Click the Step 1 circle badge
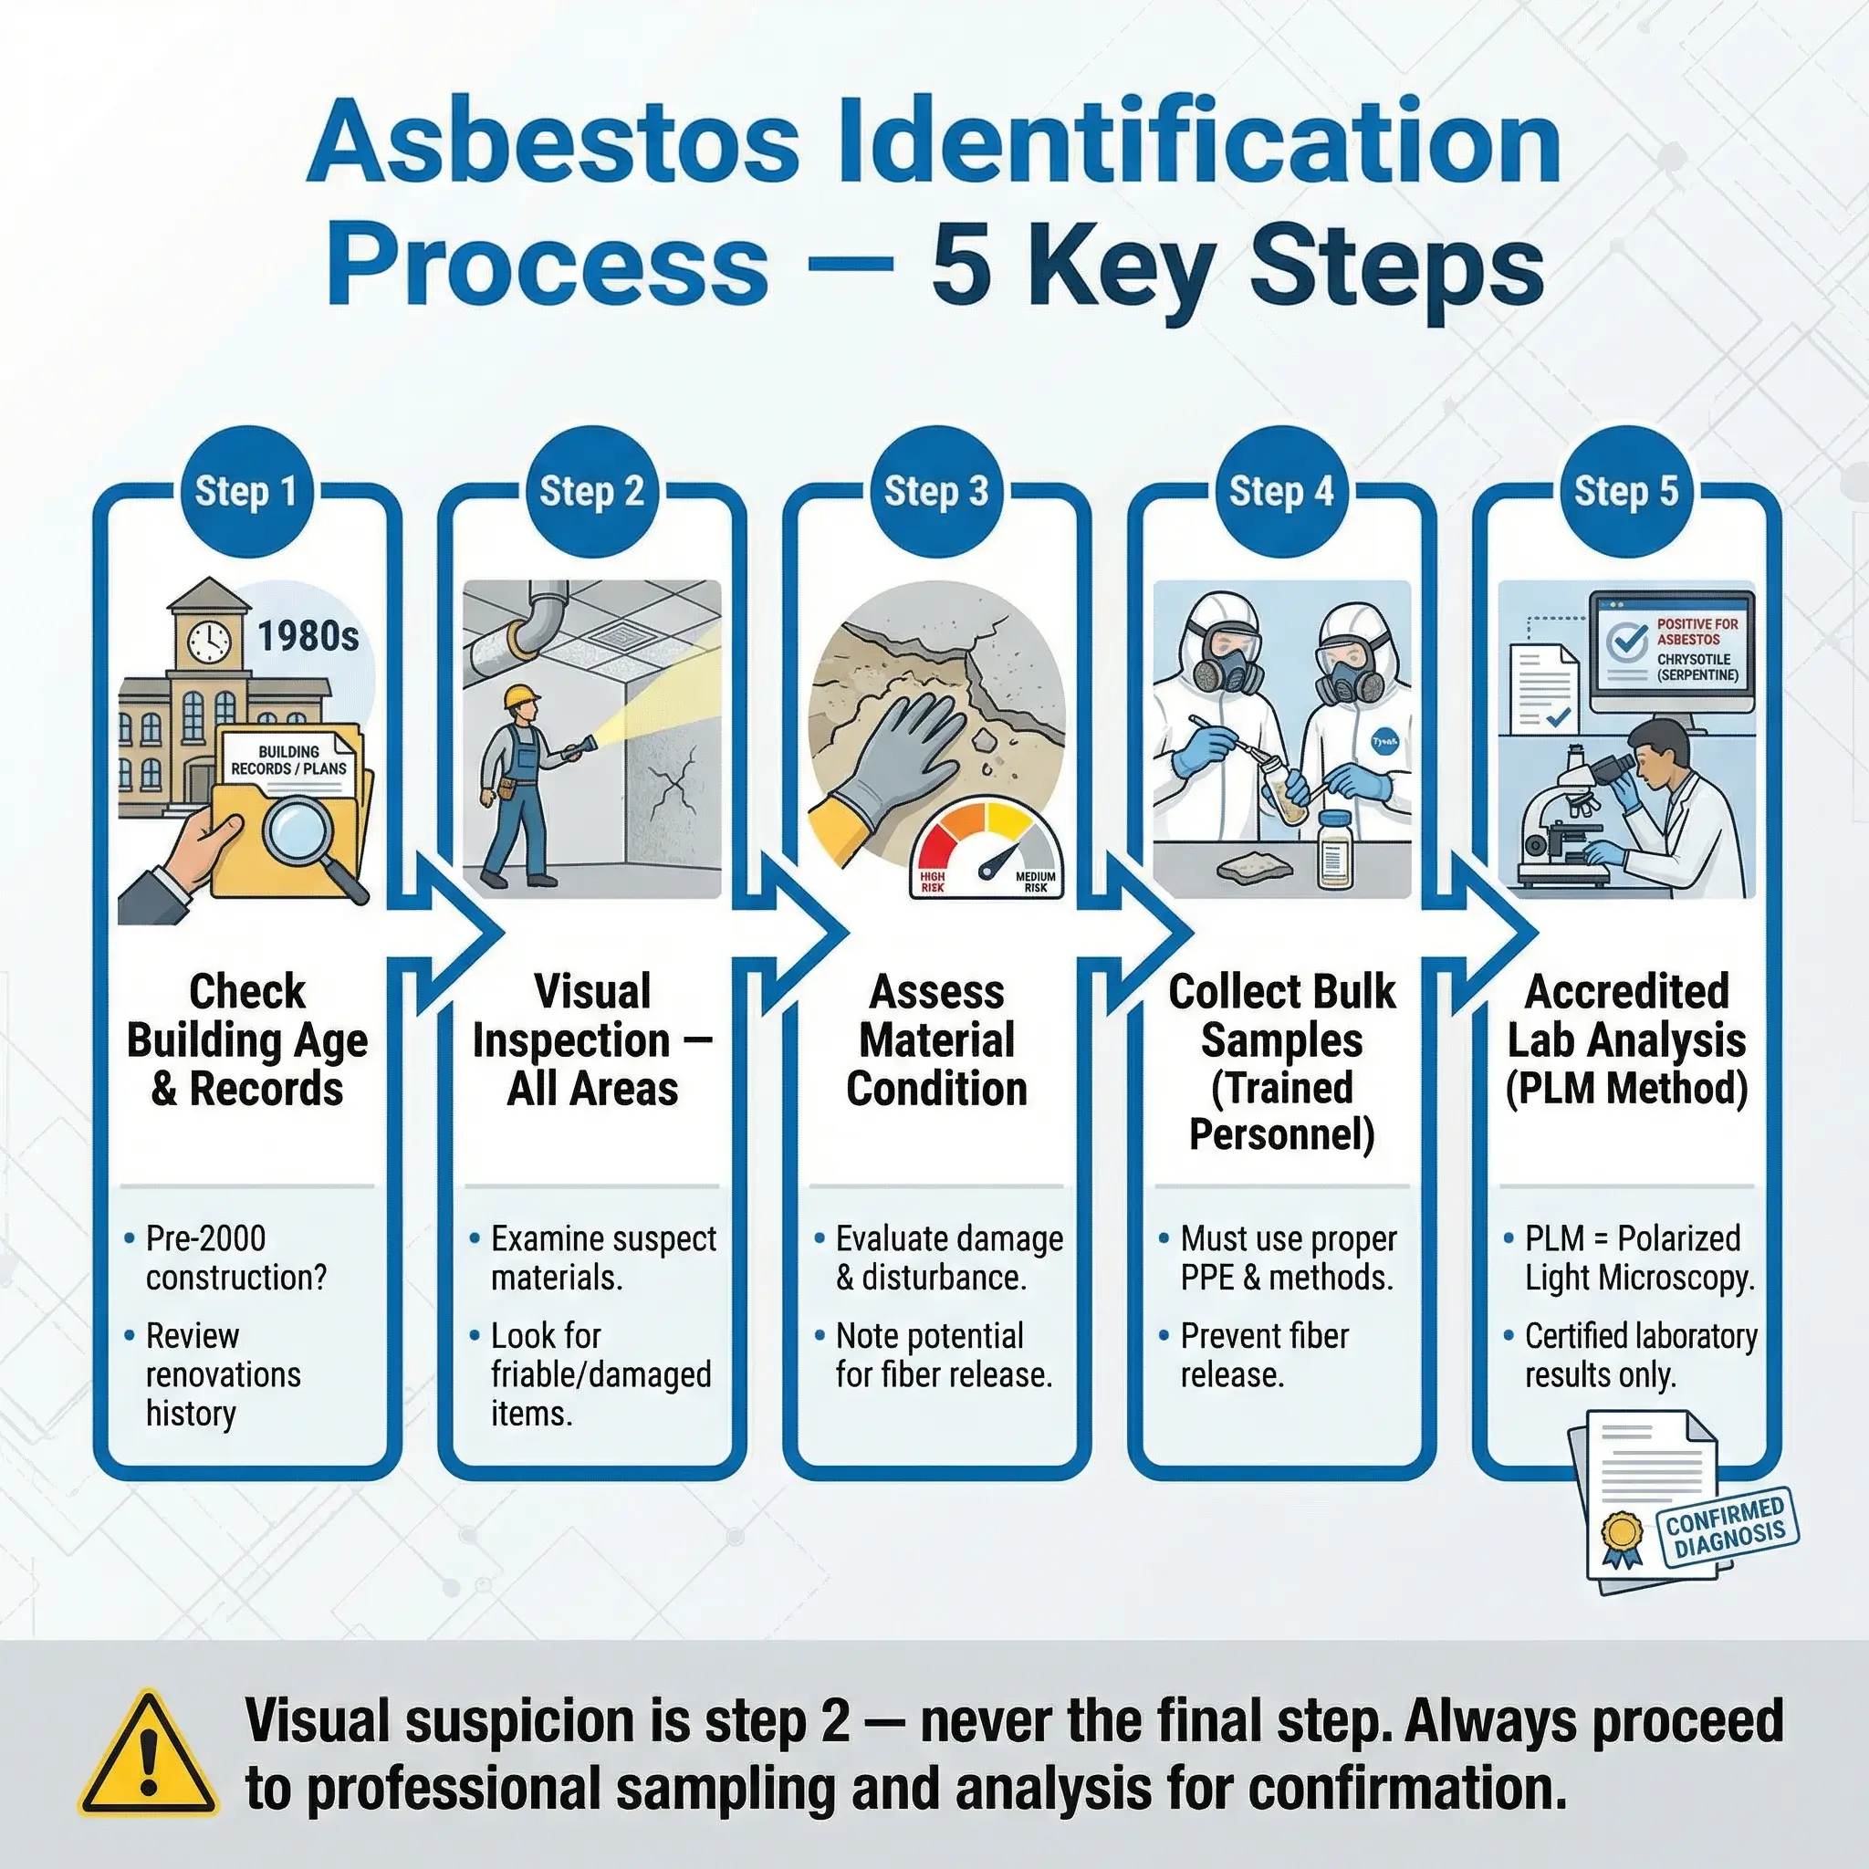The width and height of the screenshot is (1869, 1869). click(245, 492)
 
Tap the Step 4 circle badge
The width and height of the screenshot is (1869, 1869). click(1280, 492)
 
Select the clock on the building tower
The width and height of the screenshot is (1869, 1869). click(209, 641)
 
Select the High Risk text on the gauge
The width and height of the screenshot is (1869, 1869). click(933, 882)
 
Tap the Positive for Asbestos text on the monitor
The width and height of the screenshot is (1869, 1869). click(1697, 632)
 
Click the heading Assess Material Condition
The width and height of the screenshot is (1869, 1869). click(936, 1040)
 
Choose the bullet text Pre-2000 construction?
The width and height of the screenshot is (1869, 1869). click(236, 1258)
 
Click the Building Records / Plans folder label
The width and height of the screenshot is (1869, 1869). click(288, 760)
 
